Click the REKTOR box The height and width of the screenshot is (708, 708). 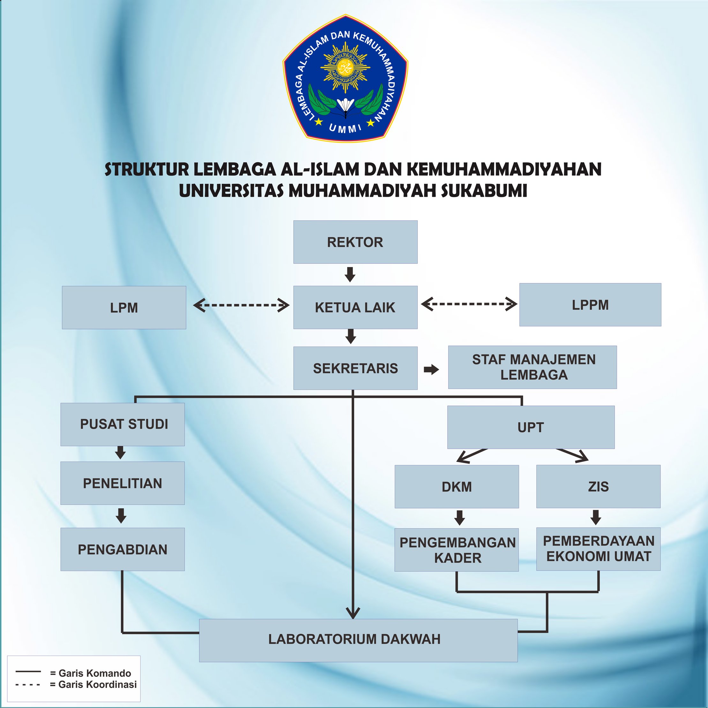point(355,242)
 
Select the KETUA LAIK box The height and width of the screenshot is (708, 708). point(355,308)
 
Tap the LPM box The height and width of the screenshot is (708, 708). point(124,308)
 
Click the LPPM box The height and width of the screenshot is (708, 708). point(590,305)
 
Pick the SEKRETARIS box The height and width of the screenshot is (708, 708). point(355,368)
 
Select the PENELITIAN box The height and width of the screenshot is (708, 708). point(123,483)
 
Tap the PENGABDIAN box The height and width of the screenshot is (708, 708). point(123,549)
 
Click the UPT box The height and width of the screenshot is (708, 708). point(531,427)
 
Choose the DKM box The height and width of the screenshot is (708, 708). point(457,487)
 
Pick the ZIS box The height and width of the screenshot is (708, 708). point(598,486)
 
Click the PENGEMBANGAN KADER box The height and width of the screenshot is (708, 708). point(457,550)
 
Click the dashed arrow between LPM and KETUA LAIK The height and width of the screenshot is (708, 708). point(241,305)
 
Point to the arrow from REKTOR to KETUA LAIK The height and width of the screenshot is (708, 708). point(350,274)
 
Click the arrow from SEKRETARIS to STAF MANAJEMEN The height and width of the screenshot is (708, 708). point(431,369)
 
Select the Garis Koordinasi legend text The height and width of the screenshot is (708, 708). point(93,684)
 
